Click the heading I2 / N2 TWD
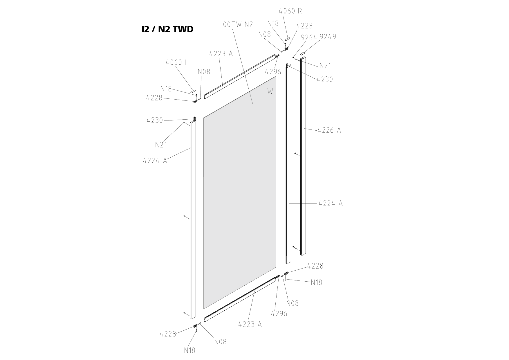[167, 29]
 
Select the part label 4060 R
[290, 11]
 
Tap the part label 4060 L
[177, 62]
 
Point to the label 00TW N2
[238, 24]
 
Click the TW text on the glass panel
[268, 91]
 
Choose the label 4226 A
[329, 130]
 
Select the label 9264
[309, 37]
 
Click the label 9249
[328, 37]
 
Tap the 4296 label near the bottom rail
[279, 314]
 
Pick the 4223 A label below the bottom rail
[250, 324]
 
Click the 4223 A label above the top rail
[221, 54]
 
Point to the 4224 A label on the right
[331, 203]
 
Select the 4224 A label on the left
[155, 160]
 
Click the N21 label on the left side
[161, 145]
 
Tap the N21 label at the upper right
[325, 66]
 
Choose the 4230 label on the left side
[155, 120]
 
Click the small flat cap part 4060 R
[287, 39]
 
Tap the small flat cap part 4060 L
[193, 91]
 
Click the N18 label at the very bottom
[189, 350]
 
